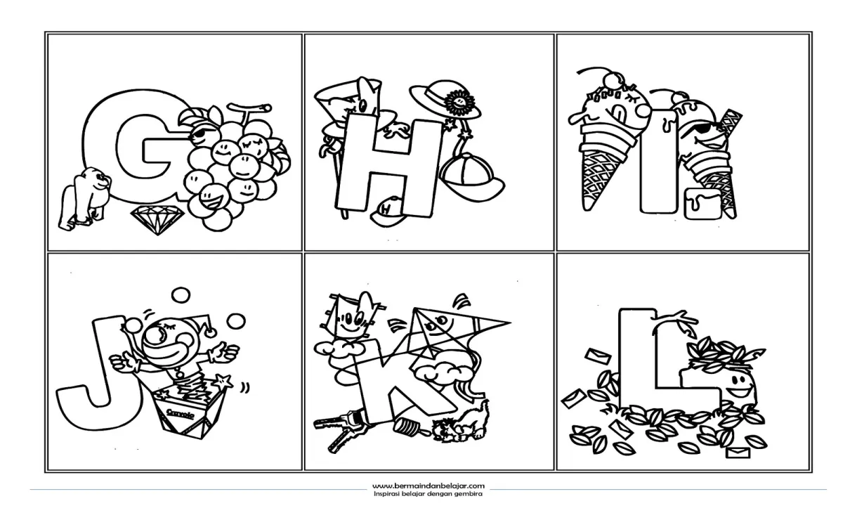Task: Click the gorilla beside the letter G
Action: click(x=85, y=199)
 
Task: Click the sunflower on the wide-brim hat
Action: click(x=459, y=101)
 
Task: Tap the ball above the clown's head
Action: click(x=181, y=295)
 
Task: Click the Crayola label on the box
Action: click(x=181, y=414)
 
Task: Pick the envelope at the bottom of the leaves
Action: click(x=738, y=453)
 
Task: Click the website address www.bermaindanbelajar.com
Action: click(x=428, y=486)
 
